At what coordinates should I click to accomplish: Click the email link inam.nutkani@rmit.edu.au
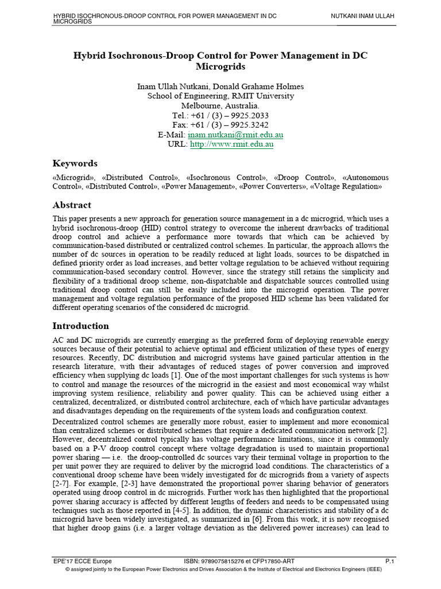click(x=237, y=135)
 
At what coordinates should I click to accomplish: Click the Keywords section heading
click(x=75, y=163)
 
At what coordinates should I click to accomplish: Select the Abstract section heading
click(x=72, y=205)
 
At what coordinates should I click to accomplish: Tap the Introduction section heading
click(x=80, y=326)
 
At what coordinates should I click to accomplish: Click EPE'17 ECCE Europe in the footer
click(x=82, y=561)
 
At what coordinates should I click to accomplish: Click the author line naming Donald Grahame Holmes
click(x=220, y=86)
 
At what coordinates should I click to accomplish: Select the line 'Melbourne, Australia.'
click(x=220, y=106)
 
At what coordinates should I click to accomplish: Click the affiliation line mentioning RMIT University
click(x=220, y=96)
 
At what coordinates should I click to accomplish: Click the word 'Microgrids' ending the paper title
click(x=220, y=67)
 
